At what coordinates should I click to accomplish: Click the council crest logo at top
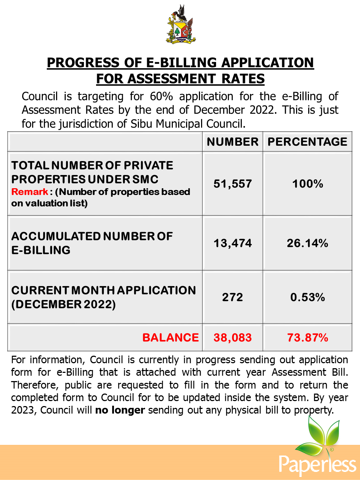[x=181, y=25]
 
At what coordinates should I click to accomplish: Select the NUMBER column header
[x=232, y=142]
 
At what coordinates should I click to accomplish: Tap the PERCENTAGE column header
[x=307, y=142]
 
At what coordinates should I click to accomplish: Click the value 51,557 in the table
[x=232, y=184]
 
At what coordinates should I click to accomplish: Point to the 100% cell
[x=307, y=184]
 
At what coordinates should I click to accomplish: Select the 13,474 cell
[x=232, y=243]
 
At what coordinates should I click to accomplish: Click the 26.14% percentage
[x=307, y=243]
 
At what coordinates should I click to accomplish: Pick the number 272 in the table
[x=232, y=297]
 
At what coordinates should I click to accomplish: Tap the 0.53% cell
[x=307, y=297]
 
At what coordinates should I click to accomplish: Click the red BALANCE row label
[x=170, y=337]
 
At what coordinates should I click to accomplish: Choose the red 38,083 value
[x=232, y=337]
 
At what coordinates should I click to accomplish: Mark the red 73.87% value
[x=307, y=337]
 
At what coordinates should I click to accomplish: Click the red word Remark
[x=30, y=192]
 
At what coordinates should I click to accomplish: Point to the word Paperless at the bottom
[x=317, y=465]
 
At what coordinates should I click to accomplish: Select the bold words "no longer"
[x=120, y=410]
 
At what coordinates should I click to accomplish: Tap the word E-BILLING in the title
[x=182, y=62]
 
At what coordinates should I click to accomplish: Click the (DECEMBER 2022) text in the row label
[x=64, y=304]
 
